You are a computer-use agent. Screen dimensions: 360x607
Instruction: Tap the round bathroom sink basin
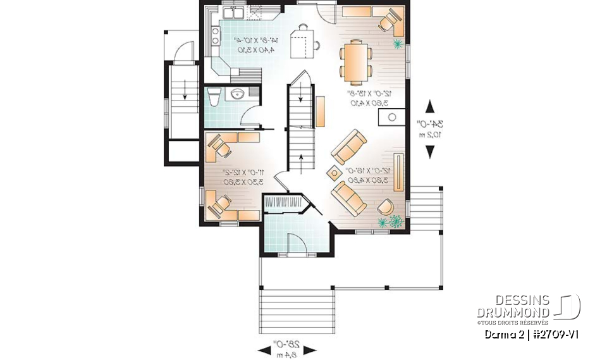click(x=238, y=95)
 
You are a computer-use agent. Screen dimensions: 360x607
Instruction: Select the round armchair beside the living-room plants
click(x=384, y=206)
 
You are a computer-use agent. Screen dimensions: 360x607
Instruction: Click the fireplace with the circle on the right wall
click(x=392, y=117)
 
